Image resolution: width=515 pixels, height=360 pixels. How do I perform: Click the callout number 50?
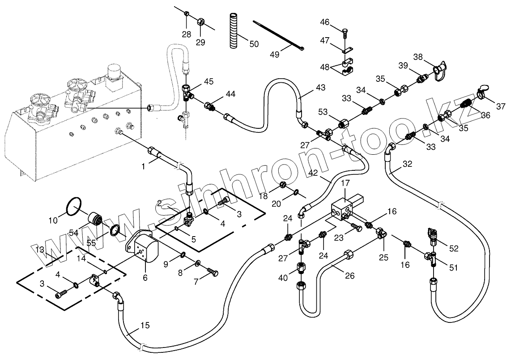click(254, 44)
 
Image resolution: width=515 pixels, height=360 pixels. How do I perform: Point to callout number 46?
click(325, 22)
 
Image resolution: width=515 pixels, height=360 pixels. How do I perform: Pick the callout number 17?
click(345, 182)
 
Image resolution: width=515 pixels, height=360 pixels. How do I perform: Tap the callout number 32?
click(407, 164)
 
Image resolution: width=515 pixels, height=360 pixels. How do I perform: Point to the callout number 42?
click(313, 172)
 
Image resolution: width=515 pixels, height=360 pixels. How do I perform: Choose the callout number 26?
click(350, 275)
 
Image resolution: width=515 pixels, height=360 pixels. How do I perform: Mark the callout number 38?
click(418, 57)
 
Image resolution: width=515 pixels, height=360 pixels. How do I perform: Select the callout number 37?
click(500, 106)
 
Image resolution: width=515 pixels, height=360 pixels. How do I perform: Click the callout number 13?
click(40, 249)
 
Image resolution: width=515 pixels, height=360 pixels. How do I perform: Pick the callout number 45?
click(209, 81)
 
